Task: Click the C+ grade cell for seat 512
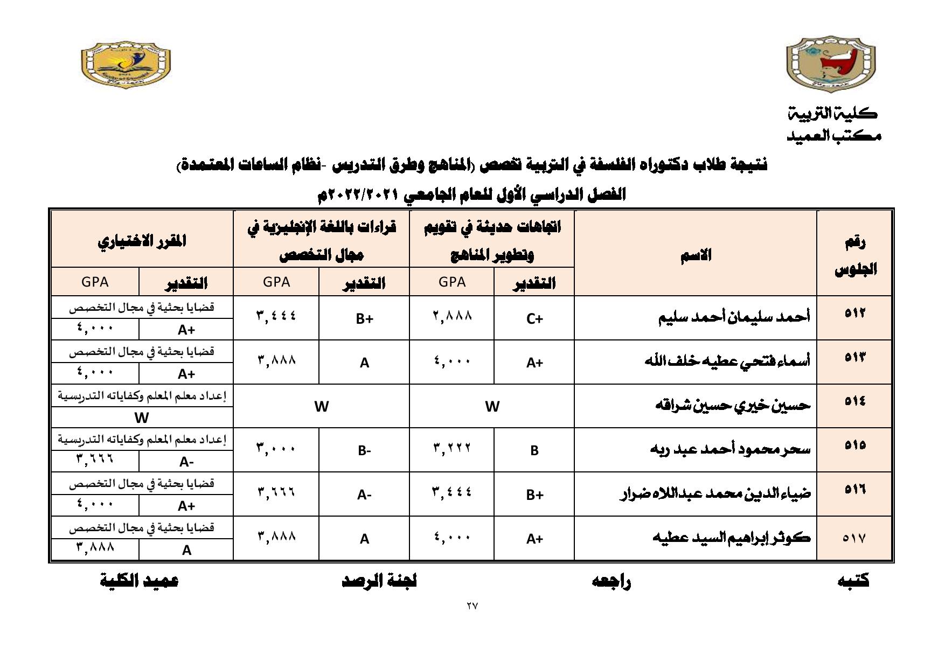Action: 534,318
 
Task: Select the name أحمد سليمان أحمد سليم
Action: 734,317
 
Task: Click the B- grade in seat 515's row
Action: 364,450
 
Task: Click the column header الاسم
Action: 696,254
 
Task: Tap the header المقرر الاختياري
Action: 142,240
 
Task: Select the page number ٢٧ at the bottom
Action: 472,606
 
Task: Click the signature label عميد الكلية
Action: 139,580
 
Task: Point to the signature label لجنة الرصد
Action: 379,580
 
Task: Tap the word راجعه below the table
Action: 611,581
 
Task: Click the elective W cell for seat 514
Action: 142,417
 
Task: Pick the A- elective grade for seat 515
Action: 186,462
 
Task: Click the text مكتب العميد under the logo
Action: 834,136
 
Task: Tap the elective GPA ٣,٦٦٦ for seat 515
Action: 95,460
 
